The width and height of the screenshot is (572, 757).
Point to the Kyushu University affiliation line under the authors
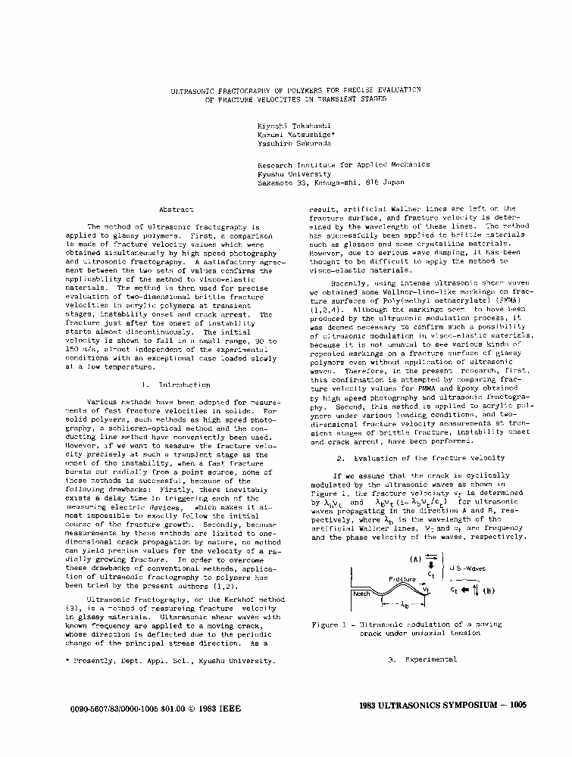pyautogui.click(x=290, y=173)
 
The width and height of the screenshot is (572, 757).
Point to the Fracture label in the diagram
pyautogui.click(x=402, y=578)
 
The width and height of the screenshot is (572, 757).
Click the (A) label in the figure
pyautogui.click(x=416, y=559)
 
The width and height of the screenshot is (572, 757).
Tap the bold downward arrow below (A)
pyautogui.click(x=431, y=562)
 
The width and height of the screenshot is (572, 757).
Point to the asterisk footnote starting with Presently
pyautogui.click(x=170, y=661)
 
